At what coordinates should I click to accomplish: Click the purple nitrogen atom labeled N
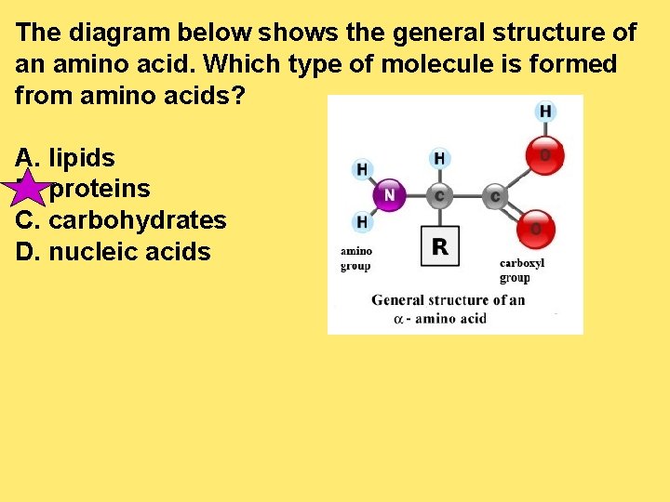[389, 195]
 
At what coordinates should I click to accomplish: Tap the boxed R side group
[440, 246]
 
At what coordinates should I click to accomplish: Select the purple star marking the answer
[29, 190]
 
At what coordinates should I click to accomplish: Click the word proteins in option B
[100, 190]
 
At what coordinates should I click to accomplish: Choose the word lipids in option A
[82, 158]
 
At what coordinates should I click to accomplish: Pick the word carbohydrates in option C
[137, 220]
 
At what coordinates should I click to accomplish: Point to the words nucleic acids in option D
[129, 251]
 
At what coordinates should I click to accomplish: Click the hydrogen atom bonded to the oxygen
[545, 112]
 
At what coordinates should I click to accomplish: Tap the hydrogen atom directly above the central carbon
[439, 158]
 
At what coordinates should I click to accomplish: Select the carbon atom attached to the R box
[439, 196]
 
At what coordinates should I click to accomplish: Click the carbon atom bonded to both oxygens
[494, 196]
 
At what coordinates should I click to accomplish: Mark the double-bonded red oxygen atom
[537, 226]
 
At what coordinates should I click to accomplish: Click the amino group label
[355, 258]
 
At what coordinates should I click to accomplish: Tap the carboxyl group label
[521, 270]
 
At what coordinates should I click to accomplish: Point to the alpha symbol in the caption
[398, 319]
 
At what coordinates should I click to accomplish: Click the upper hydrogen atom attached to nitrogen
[361, 169]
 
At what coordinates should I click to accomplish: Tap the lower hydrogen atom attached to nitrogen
[361, 222]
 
